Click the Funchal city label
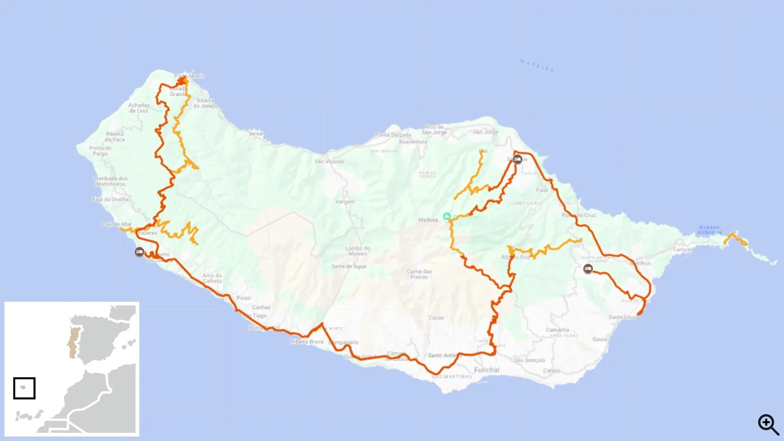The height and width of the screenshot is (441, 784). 486,370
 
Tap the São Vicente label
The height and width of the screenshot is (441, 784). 329,162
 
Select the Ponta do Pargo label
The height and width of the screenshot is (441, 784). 100,151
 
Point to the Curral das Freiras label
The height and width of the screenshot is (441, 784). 419,274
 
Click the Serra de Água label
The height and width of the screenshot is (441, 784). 349,266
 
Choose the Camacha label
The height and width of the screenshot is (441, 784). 557,330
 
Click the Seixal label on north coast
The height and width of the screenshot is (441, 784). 256,134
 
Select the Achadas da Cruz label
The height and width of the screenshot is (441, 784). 139,108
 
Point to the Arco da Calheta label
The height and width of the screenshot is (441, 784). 212,278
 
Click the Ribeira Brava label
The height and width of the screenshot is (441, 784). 307,342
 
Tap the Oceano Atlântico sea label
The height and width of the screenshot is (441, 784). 709,229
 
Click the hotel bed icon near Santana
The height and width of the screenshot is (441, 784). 518,159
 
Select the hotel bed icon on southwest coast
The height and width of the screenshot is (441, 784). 139,252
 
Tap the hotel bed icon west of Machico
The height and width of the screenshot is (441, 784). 588,269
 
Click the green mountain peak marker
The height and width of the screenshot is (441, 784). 447,216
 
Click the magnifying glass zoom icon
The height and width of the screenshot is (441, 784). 768,424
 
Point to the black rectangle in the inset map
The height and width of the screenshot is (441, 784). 24,388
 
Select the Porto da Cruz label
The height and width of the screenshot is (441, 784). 579,215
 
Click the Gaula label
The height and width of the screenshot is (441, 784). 599,339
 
